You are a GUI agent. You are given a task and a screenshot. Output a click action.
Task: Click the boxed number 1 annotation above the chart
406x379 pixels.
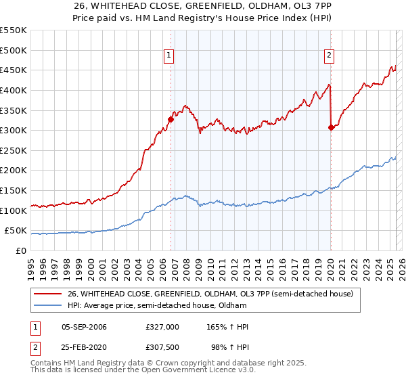[x=168, y=56]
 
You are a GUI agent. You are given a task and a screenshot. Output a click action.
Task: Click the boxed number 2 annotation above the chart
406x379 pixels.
[x=329, y=56]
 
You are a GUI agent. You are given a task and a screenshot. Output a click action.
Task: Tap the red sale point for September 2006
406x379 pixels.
[x=171, y=119]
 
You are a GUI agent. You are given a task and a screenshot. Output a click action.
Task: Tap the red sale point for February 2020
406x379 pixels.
[x=331, y=127]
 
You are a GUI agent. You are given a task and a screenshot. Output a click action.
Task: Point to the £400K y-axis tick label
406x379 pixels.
[x=14, y=90]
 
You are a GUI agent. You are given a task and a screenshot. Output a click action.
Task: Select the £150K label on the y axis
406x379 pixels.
[x=14, y=191]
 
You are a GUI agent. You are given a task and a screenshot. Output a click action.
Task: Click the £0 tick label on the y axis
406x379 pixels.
[x=20, y=251]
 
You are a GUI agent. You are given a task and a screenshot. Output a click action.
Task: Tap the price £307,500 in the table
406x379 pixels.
[x=162, y=348]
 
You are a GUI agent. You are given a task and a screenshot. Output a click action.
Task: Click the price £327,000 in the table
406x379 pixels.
[x=162, y=327]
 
